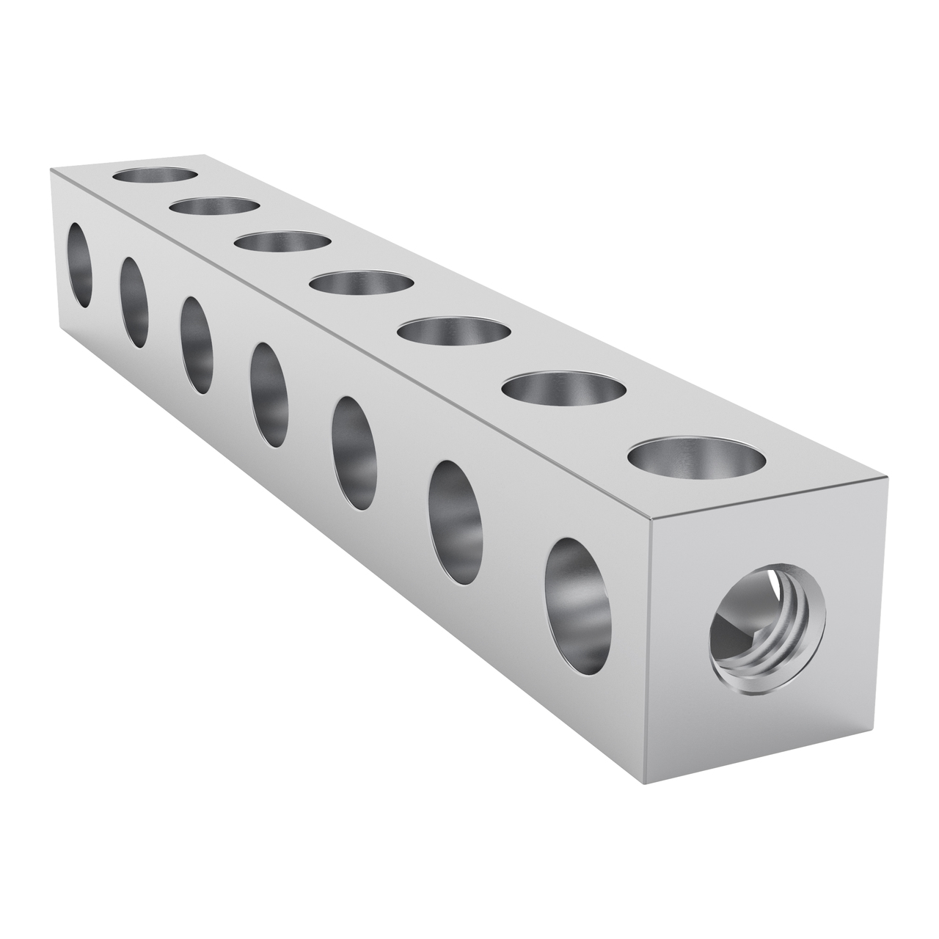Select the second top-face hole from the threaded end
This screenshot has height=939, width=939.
tap(563, 390)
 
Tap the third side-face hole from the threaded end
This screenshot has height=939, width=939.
tap(356, 453)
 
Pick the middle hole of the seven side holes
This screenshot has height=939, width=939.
tap(268, 395)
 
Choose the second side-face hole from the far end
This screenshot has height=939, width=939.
tap(134, 302)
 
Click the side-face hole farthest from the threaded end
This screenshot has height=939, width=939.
tap(81, 265)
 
